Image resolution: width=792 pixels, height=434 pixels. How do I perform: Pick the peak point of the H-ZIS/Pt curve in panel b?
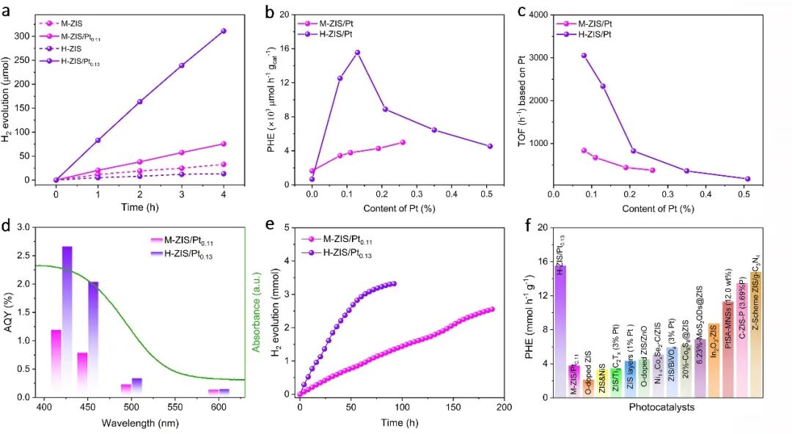(x=357, y=52)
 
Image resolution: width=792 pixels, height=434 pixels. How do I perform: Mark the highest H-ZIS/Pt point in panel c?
(x=584, y=55)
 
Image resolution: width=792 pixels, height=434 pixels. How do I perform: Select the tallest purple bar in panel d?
(x=67, y=315)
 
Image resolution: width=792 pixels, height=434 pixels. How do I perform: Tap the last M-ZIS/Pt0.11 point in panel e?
(x=491, y=309)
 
